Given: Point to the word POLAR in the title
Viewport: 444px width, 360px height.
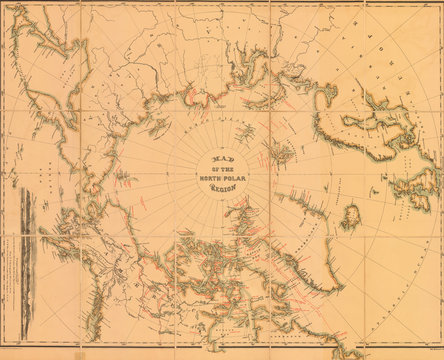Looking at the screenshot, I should tap(237, 177).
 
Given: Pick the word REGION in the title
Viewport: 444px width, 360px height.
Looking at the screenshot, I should tap(224, 188).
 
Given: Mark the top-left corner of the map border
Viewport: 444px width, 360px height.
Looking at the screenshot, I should tap(5, 5).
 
